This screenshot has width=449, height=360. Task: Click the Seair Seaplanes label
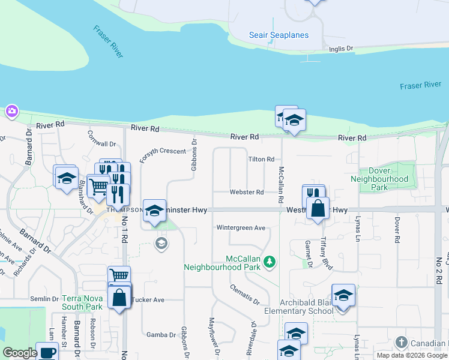point(279,35)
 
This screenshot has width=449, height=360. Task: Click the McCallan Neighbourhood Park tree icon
point(270,261)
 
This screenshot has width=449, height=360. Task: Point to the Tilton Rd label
point(261,160)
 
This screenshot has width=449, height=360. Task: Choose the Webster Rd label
point(247,193)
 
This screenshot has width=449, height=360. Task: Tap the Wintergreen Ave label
point(241,228)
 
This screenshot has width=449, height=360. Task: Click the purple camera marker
point(12,111)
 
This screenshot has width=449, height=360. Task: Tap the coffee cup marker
point(47,352)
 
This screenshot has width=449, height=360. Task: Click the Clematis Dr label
point(244,294)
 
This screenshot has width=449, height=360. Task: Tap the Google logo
point(20,353)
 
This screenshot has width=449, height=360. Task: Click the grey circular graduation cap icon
point(161,243)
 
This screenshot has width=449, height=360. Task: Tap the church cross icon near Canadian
point(402,343)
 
